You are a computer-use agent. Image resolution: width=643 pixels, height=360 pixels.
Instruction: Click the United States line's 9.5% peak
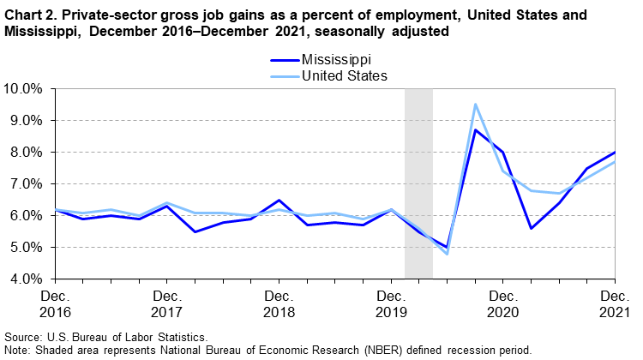click(475, 105)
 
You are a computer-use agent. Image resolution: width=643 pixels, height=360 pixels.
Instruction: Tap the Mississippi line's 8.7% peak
click(475, 130)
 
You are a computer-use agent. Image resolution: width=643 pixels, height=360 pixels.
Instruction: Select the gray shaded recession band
click(418, 183)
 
